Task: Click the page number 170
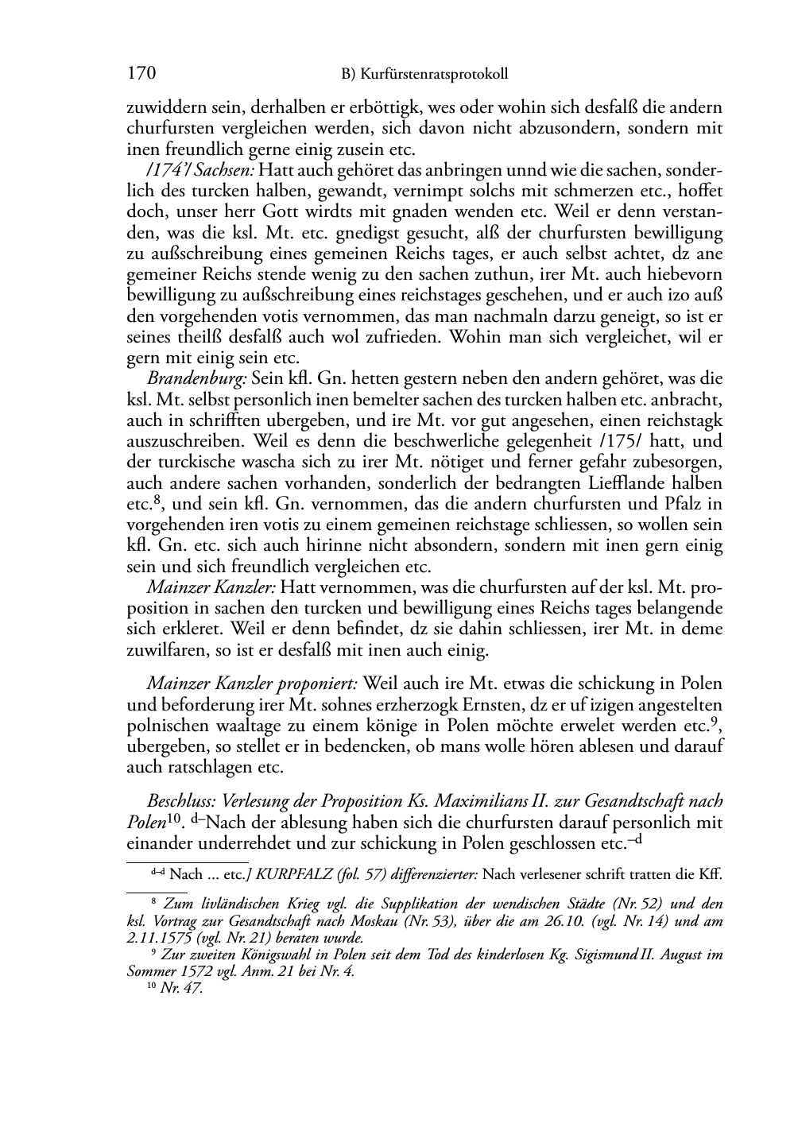(x=141, y=74)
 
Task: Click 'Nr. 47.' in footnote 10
(x=181, y=990)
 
